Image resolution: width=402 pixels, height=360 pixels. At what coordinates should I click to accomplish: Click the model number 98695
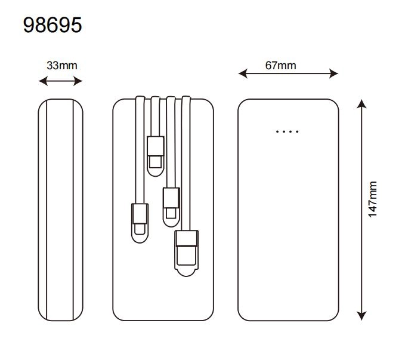[x=52, y=25]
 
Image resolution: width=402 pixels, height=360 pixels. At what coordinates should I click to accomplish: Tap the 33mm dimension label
[x=61, y=66]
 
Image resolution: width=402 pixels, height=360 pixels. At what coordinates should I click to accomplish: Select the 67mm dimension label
[x=280, y=66]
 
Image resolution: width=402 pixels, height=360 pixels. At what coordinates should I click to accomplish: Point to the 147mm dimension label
[x=373, y=199]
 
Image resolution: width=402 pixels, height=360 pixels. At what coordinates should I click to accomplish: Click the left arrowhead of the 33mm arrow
[x=42, y=81]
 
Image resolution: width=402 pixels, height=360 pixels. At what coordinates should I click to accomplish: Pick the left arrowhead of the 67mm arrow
[x=242, y=73]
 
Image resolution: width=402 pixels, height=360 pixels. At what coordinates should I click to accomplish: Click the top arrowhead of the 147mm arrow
[x=361, y=104]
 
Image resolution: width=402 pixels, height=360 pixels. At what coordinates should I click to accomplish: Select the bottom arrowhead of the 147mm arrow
[x=361, y=316]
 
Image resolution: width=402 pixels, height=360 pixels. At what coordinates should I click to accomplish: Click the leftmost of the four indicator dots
[x=277, y=131]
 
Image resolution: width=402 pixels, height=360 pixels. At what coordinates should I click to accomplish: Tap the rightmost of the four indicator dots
[x=297, y=131]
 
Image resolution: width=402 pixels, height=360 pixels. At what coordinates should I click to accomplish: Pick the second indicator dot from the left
[x=284, y=131]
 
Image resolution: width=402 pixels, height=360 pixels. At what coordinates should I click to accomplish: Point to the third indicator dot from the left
[x=290, y=131]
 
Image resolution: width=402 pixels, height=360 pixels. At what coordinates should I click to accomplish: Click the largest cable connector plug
[x=186, y=250]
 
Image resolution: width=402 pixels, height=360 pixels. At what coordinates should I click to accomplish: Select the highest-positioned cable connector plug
[x=155, y=152]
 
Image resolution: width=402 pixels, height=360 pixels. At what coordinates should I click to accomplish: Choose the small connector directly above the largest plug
[x=171, y=203]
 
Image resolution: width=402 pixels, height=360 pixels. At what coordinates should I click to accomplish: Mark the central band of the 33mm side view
[x=60, y=209]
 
